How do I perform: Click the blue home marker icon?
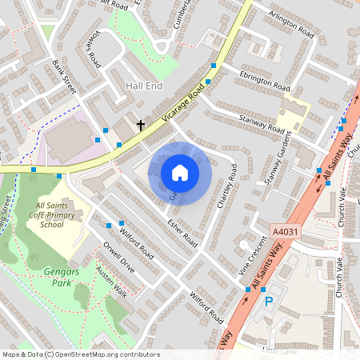click(x=180, y=172)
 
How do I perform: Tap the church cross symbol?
click(x=141, y=125)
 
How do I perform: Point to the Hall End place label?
click(x=144, y=85)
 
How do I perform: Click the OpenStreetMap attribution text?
click(x=80, y=354)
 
